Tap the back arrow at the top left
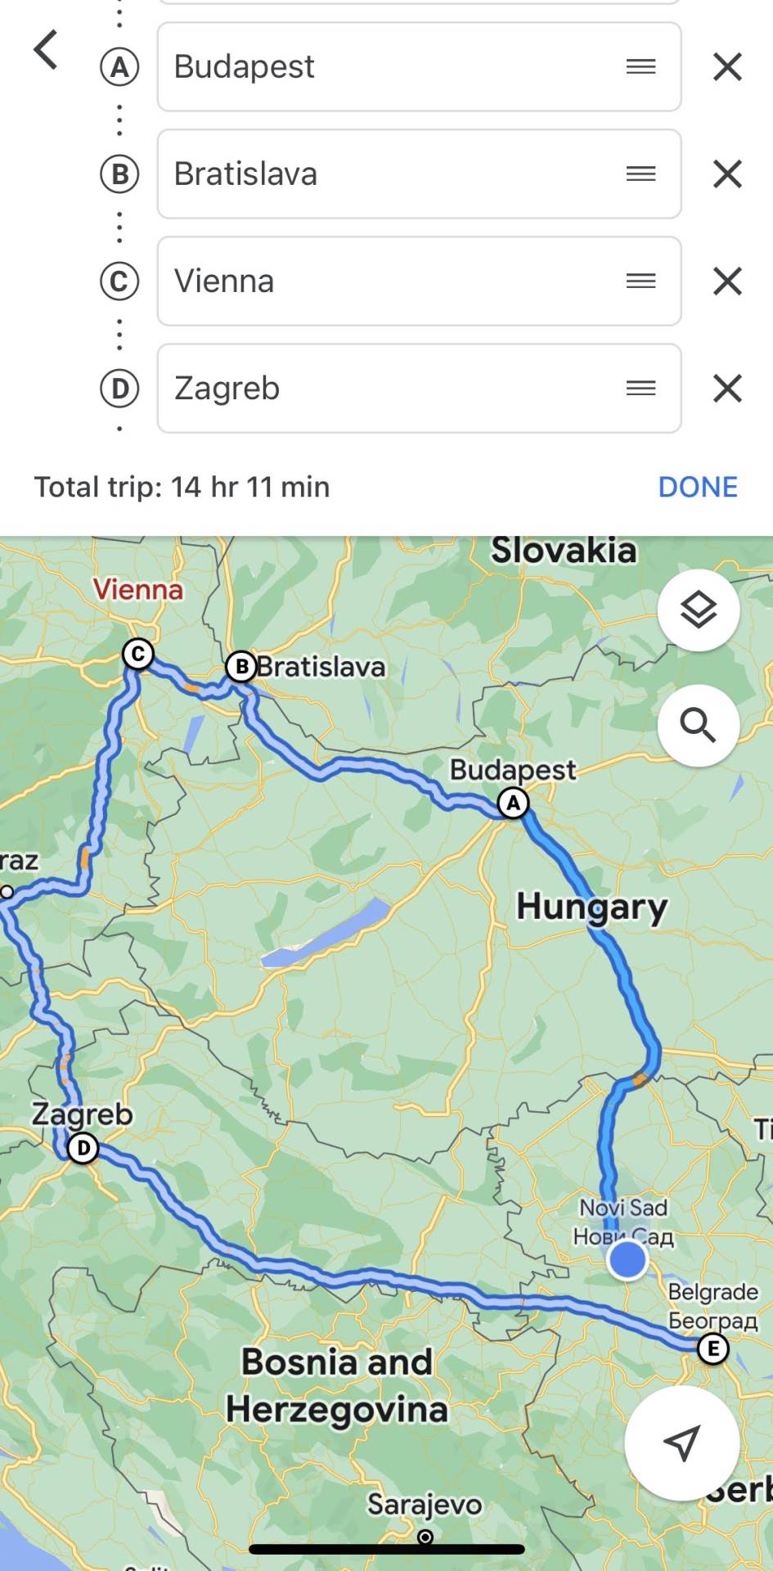point(46,50)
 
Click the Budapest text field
point(393,67)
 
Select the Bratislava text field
point(393,174)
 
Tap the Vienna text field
point(393,281)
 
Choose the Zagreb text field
point(393,389)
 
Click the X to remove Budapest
point(727,67)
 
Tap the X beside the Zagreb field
point(727,389)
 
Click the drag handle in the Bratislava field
point(640,174)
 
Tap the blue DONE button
point(698,488)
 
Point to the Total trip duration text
point(182,488)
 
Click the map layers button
point(699,610)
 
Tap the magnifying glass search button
point(699,726)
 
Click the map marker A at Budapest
point(514,803)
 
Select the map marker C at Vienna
point(138,654)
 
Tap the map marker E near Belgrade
point(712,1348)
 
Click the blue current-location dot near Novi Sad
point(627,1259)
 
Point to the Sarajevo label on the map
point(425,1504)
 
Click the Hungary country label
point(591,907)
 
